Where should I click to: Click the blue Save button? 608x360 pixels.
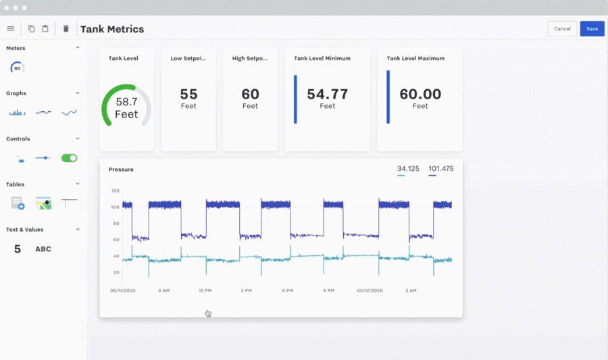pos(592,29)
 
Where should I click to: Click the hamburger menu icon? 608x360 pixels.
pos(10,29)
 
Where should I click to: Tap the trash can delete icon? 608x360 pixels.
pos(66,29)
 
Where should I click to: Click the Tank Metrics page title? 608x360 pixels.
pos(112,29)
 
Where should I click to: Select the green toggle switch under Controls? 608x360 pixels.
pos(69,158)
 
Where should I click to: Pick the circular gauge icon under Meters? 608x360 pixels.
pos(18,68)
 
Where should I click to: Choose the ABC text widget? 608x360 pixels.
pos(43,249)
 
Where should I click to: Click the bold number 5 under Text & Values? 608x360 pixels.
pos(18,249)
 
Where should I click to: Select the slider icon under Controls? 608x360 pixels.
pos(43,158)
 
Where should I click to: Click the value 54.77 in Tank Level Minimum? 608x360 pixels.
pos(327,95)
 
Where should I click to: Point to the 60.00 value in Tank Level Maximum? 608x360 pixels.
pos(420,95)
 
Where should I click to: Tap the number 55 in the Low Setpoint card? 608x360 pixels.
pos(188,95)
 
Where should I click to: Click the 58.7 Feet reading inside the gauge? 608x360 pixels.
pos(126,108)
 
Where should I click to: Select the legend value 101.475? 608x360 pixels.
pos(440,168)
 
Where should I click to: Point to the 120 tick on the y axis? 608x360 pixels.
pos(115,191)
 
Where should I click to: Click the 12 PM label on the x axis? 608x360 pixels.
pos(205,290)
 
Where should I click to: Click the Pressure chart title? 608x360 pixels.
pos(121,170)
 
